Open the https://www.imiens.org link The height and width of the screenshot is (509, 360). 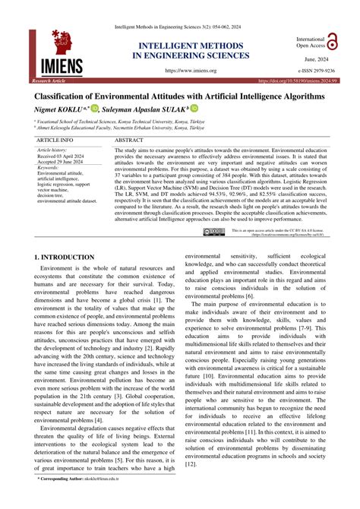[x=191, y=69]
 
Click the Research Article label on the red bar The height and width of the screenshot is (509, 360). [x=48, y=79]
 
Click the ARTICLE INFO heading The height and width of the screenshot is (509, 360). [x=55, y=141]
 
